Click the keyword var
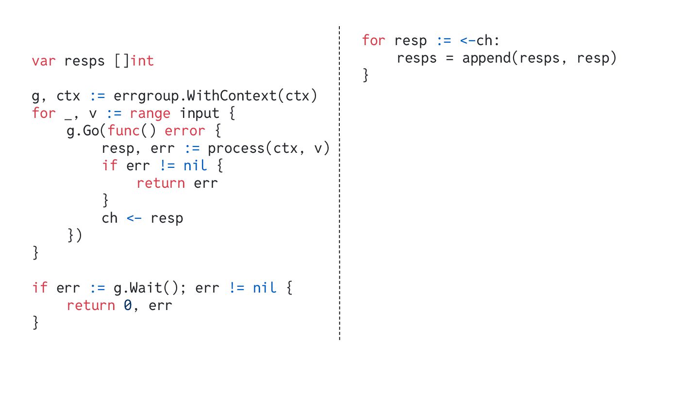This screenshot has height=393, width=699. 44,61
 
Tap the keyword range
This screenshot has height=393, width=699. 150,114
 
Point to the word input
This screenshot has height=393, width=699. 199,114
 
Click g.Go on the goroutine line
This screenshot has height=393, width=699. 83,131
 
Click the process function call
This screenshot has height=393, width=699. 235,148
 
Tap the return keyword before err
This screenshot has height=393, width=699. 160,183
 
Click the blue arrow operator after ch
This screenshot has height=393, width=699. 134,218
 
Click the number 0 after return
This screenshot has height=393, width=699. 128,306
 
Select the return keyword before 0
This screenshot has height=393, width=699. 91,306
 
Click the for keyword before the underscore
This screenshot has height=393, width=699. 44,114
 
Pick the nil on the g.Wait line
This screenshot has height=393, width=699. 264,288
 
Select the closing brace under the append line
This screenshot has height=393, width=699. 366,76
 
